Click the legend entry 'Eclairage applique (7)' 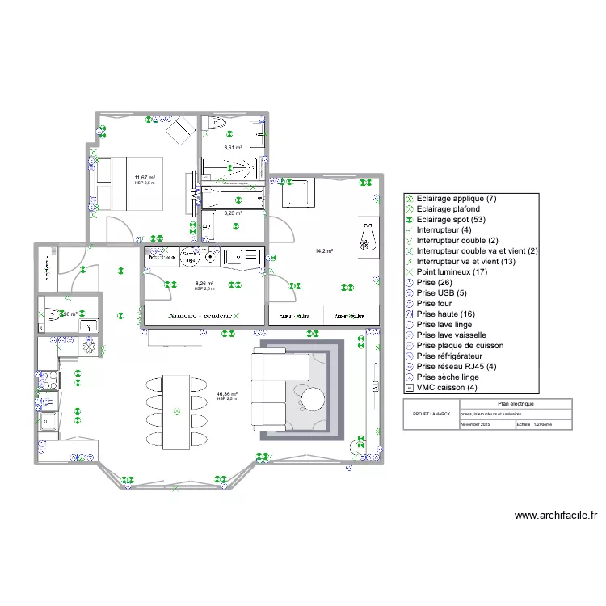[x=457, y=199]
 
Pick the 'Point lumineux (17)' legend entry [x=451, y=272]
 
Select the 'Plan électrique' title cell [x=515, y=403]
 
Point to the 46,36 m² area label [x=227, y=394]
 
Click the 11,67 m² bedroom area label [x=145, y=177]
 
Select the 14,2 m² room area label [x=324, y=251]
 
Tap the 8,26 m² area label [x=204, y=284]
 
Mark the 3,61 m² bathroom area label [x=234, y=148]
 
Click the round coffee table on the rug [x=312, y=398]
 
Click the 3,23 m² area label [x=234, y=213]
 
